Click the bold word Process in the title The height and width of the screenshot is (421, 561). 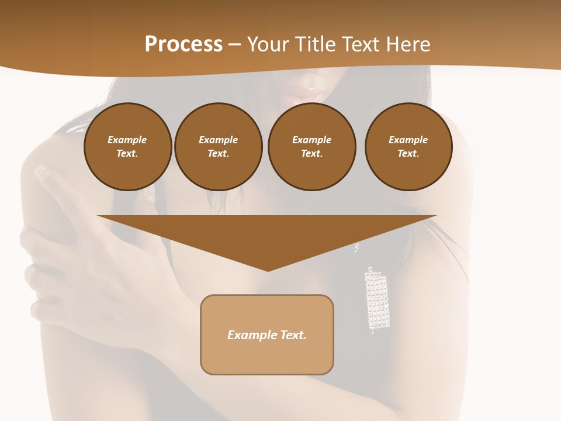tap(183, 44)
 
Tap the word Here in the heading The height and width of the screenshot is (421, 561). tap(408, 44)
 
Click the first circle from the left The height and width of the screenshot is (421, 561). tap(127, 147)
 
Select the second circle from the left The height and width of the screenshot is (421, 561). tap(218, 147)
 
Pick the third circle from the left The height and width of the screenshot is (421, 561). tap(311, 147)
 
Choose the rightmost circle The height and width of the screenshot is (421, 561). tap(408, 147)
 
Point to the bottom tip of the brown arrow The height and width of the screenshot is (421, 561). tap(268, 270)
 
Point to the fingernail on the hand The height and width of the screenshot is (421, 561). tap(42, 172)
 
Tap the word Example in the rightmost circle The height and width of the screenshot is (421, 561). tap(408, 140)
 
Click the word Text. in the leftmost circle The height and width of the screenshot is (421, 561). tap(127, 154)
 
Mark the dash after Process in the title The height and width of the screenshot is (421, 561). tap(234, 44)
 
